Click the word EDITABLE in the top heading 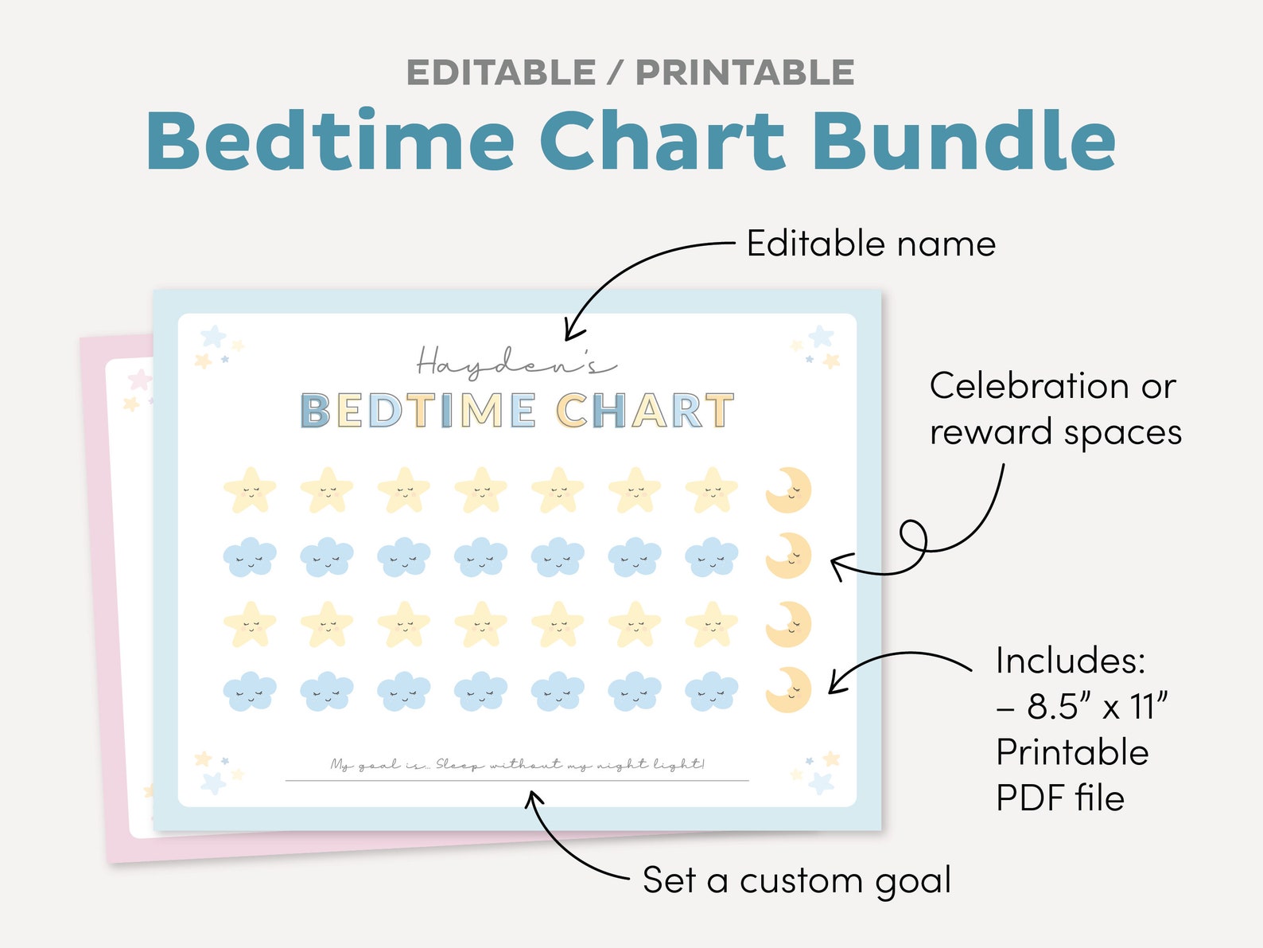[x=500, y=73]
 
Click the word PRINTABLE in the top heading [x=744, y=73]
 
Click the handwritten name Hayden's [x=515, y=363]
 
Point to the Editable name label [x=871, y=244]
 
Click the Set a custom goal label [x=797, y=880]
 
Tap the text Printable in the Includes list [x=1072, y=752]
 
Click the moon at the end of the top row [x=788, y=490]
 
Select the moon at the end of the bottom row [x=788, y=689]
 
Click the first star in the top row [x=250, y=490]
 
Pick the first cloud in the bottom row [x=250, y=691]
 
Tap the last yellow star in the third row [x=712, y=624]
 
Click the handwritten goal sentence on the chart [x=517, y=765]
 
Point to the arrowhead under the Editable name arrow [x=571, y=333]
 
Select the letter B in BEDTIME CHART [x=315, y=412]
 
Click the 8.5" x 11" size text [x=1098, y=706]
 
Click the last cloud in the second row [x=712, y=556]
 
